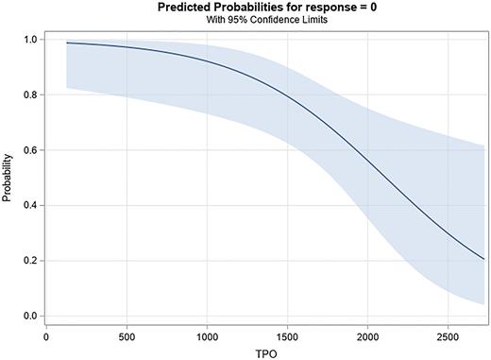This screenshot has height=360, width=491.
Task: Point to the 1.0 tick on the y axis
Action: pyautogui.click(x=30, y=40)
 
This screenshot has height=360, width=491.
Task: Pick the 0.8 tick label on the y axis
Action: pyautogui.click(x=30, y=94)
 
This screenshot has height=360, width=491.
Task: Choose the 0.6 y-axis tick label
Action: pyautogui.click(x=30, y=150)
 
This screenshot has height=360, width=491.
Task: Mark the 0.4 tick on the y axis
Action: pyautogui.click(x=30, y=205)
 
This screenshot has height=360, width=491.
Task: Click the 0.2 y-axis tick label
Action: pyautogui.click(x=30, y=261)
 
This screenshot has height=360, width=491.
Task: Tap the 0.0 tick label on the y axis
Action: pyautogui.click(x=30, y=316)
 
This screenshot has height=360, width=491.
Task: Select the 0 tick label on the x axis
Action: pyautogui.click(x=46, y=334)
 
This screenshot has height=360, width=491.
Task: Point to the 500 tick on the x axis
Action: pyautogui.click(x=127, y=334)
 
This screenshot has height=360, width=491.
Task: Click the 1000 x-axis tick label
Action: pyautogui.click(x=207, y=334)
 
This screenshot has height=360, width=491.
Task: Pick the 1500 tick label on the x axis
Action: pyautogui.click(x=288, y=334)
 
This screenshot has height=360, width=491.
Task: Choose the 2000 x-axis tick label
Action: pyautogui.click(x=368, y=334)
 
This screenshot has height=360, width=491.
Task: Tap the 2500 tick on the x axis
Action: pyautogui.click(x=449, y=334)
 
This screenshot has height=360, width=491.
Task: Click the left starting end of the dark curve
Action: pyautogui.click(x=66, y=43)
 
